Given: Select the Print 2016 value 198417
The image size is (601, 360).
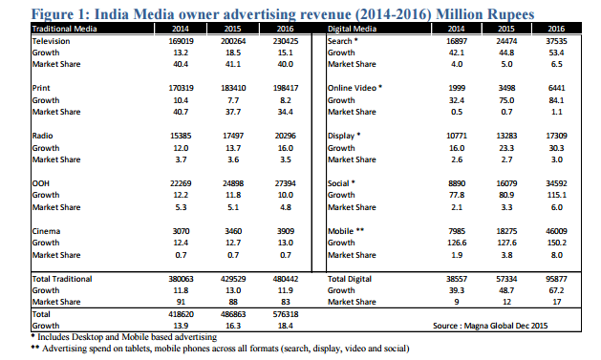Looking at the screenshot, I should point(287,88).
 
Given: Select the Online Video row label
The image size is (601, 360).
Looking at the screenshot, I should point(354,88).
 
